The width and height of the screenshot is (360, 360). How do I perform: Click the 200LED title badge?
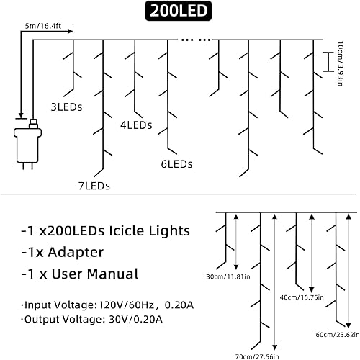(x=180, y=12)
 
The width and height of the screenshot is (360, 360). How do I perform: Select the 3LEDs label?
(x=66, y=107)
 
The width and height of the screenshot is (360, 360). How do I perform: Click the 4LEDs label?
(x=136, y=125)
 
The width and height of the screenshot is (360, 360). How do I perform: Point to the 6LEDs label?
(x=176, y=164)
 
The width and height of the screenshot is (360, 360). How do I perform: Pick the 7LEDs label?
(x=94, y=186)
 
